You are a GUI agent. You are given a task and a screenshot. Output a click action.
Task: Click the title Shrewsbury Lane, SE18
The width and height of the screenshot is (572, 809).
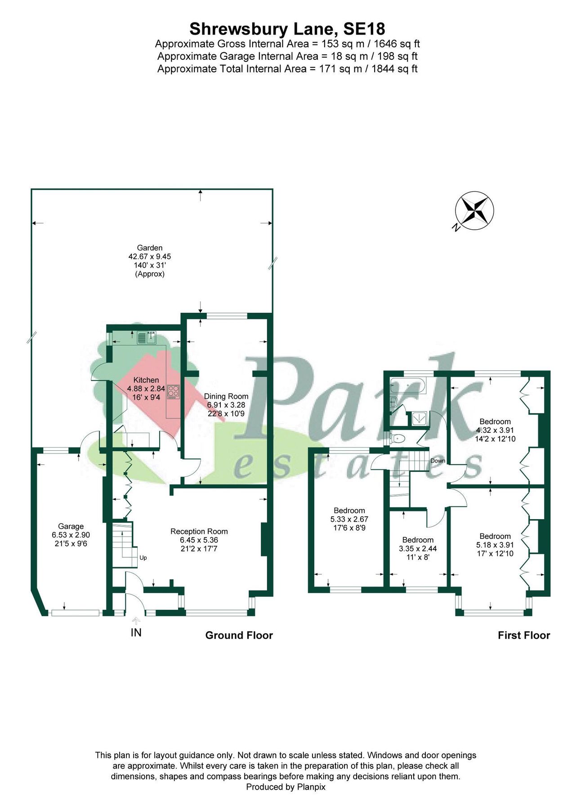[x=287, y=29]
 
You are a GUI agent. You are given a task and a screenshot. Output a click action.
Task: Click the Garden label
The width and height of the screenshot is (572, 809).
[x=150, y=248]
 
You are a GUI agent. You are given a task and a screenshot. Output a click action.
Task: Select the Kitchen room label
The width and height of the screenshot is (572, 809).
[x=146, y=380]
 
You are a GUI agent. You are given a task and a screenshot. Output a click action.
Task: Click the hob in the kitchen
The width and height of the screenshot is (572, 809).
[x=173, y=392]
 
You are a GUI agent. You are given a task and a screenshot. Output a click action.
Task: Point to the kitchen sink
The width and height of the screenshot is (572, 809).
[x=146, y=337]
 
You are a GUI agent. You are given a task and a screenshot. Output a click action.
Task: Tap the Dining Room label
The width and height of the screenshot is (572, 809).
[x=226, y=396]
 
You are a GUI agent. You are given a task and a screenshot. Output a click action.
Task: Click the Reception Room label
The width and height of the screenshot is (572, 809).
[x=199, y=532]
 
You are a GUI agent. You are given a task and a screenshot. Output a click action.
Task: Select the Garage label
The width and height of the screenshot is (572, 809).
[x=71, y=527]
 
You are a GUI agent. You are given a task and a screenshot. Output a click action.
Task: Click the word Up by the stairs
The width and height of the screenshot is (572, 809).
[x=143, y=558]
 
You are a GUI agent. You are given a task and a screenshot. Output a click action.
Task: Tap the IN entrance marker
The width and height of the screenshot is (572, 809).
[x=136, y=633]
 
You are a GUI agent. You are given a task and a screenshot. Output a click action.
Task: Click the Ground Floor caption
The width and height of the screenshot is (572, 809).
[x=239, y=636]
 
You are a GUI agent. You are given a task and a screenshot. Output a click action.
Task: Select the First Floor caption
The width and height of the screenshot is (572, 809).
[x=523, y=636]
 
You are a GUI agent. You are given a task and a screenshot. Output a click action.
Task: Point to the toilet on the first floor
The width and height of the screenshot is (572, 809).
[x=398, y=438]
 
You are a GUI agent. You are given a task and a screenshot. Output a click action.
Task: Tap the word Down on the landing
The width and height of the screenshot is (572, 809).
[x=438, y=461]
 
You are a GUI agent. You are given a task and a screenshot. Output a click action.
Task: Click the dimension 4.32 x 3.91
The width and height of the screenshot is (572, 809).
[x=495, y=430]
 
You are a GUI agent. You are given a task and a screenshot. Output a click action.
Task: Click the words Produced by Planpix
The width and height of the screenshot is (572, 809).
[x=286, y=787]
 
